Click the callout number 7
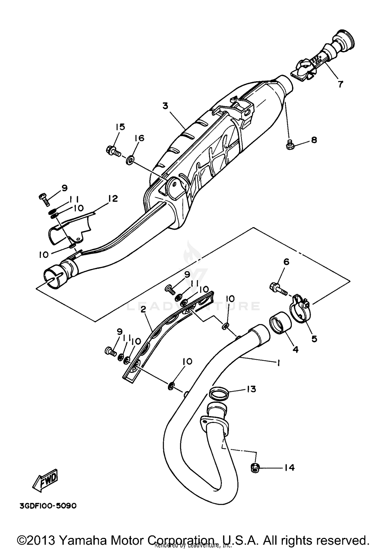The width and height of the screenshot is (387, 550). (x=341, y=84)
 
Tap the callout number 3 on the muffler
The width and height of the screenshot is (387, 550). (x=165, y=106)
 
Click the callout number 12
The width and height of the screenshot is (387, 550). (x=113, y=199)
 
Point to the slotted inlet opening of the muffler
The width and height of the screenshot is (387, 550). (x=53, y=278)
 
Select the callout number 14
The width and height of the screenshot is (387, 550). (x=289, y=467)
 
